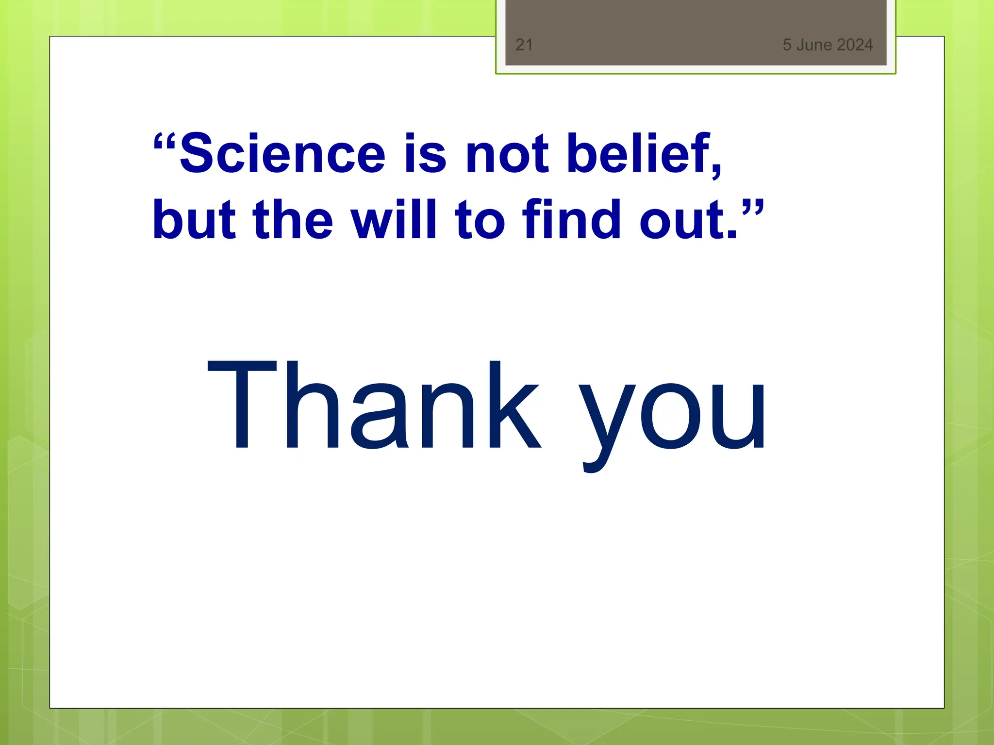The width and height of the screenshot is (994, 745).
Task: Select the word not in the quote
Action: (507, 154)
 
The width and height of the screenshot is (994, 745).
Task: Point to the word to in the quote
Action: (480, 221)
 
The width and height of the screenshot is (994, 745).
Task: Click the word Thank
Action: (374, 405)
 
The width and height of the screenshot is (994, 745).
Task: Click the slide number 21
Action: (524, 45)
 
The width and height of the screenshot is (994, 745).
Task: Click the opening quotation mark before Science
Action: (165, 142)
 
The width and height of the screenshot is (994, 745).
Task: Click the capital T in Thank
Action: (242, 405)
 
